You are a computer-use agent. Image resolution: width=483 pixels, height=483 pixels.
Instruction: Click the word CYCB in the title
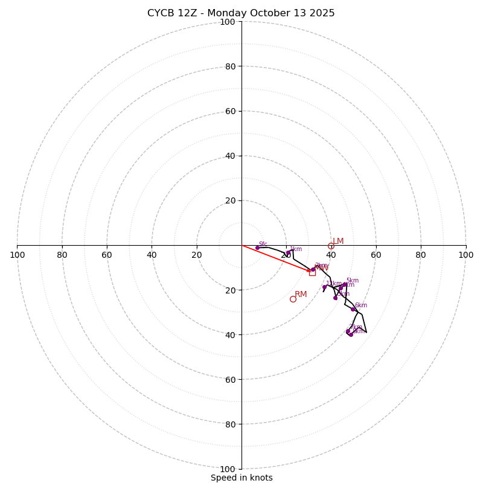point(159,13)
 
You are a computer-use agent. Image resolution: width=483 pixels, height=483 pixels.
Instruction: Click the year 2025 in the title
point(322,13)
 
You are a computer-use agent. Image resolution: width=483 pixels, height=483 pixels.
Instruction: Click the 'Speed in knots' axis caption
point(241,478)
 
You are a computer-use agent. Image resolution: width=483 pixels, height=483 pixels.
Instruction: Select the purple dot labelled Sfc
point(257,248)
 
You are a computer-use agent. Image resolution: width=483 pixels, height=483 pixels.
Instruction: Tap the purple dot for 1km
point(288,252)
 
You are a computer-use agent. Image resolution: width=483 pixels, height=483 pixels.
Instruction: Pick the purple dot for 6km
point(353,309)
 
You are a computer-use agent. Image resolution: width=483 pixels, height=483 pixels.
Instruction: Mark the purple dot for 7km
point(348,331)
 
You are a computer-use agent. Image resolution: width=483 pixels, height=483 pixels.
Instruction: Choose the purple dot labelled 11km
point(324,287)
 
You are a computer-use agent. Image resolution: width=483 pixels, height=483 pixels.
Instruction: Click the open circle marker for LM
point(331,246)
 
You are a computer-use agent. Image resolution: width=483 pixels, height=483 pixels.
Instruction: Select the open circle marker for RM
point(293,299)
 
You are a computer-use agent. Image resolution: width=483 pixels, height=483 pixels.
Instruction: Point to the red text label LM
point(338,241)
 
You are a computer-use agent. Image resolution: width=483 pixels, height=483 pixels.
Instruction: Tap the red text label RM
point(301,295)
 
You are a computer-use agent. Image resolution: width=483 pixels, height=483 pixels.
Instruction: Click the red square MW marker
point(312,272)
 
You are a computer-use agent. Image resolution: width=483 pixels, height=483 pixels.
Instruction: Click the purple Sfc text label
point(263,244)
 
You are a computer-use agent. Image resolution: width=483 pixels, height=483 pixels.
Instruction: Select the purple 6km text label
point(360,305)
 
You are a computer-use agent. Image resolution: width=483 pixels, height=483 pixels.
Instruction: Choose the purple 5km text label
point(352,280)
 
